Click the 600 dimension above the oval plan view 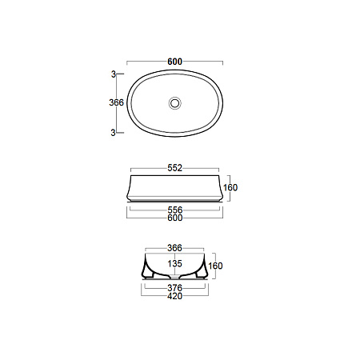(x=174, y=62)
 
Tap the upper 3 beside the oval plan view (x=114, y=74)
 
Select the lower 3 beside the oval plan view (x=114, y=132)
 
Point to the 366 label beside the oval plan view (x=117, y=102)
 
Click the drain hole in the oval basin (x=175, y=103)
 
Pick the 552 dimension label (x=174, y=168)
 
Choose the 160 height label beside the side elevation (x=230, y=187)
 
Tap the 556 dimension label (x=174, y=210)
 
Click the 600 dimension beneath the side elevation (x=174, y=218)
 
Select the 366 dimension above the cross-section (x=174, y=248)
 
